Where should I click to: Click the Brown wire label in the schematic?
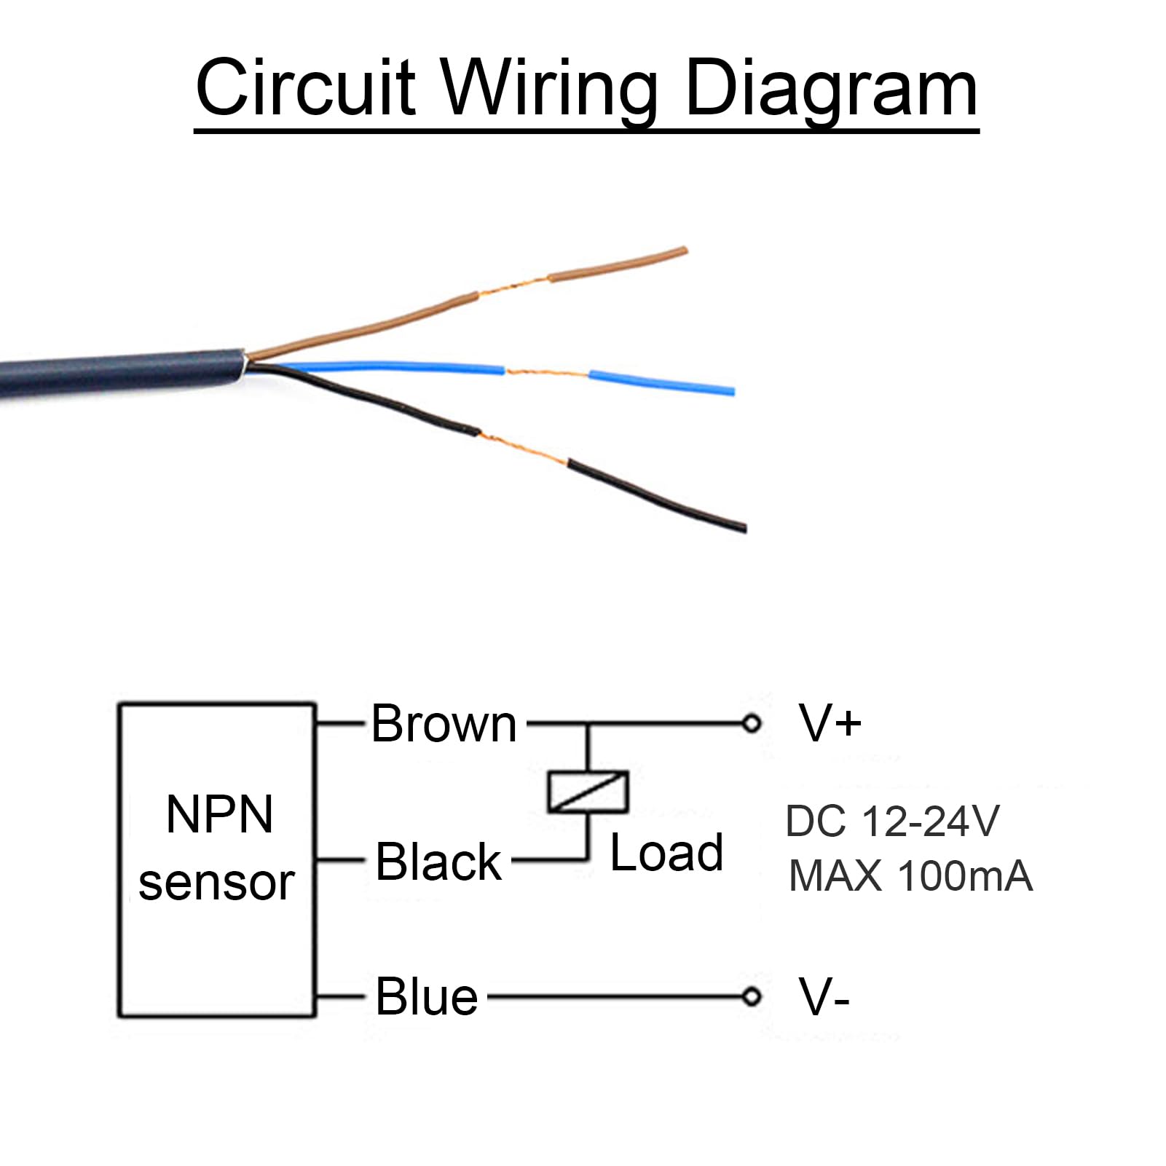(444, 724)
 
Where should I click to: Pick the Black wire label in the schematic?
(438, 862)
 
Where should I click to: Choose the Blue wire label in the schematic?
(427, 996)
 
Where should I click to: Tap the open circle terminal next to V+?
(752, 724)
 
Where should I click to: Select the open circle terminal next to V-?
(752, 996)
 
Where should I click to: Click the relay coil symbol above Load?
(588, 791)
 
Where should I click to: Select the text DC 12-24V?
(892, 821)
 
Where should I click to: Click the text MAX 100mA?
(910, 875)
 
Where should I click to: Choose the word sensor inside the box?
(216, 883)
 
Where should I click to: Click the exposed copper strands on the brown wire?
(513, 287)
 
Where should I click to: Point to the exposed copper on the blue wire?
(546, 373)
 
